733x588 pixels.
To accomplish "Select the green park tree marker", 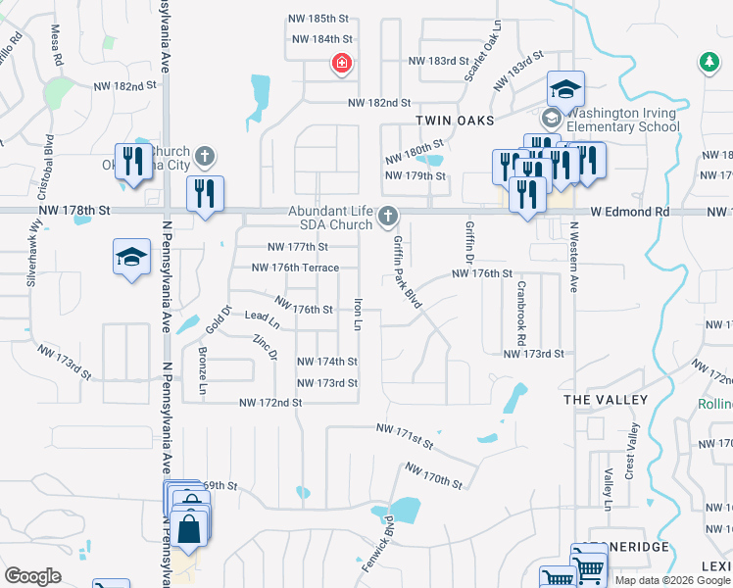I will tap(708, 64).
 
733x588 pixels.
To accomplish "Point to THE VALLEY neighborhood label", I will tap(606, 400).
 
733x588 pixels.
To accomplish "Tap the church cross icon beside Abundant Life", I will tap(388, 215).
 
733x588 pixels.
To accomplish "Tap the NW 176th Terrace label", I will tap(295, 268).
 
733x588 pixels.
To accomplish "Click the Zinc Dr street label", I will tap(266, 346).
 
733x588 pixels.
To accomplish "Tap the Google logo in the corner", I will tap(32, 576).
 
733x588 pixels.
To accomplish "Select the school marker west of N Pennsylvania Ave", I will tap(131, 258).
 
